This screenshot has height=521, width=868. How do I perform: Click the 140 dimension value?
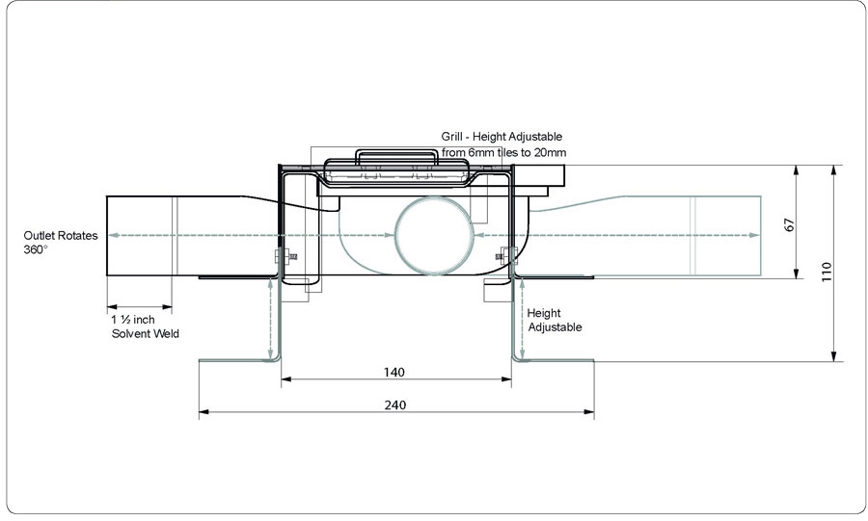pyautogui.click(x=393, y=372)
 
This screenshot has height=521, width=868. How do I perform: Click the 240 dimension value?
pyautogui.click(x=393, y=405)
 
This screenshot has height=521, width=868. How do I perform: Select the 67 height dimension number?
pyautogui.click(x=789, y=224)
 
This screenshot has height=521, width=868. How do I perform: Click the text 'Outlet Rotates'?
pyautogui.click(x=61, y=235)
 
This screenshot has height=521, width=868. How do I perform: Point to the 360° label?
pyautogui.click(x=36, y=249)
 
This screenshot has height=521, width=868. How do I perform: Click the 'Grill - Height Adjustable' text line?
pyautogui.click(x=502, y=137)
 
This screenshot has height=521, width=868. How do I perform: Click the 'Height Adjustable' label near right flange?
pyautogui.click(x=555, y=320)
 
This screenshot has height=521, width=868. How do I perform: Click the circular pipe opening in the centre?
pyautogui.click(x=435, y=236)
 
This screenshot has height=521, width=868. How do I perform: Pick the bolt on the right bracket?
pyautogui.click(x=504, y=255)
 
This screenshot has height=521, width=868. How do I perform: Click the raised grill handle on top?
pyautogui.click(x=397, y=157)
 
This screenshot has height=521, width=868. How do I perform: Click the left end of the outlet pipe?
pyautogui.click(x=106, y=235)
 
